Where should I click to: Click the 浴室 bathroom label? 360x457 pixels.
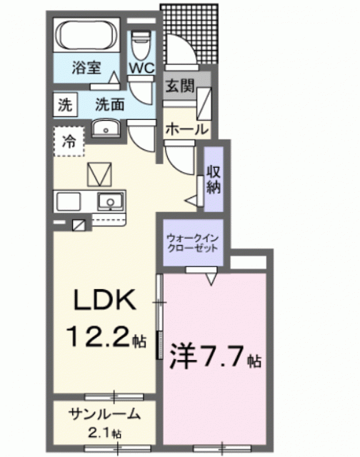86,69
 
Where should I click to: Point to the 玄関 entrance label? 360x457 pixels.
180,86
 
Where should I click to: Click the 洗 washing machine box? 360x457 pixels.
66,104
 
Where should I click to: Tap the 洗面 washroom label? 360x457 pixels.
111,104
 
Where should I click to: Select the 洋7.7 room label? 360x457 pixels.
207,355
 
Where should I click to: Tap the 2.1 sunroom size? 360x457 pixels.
101,433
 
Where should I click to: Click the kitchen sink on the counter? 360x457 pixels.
109,201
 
